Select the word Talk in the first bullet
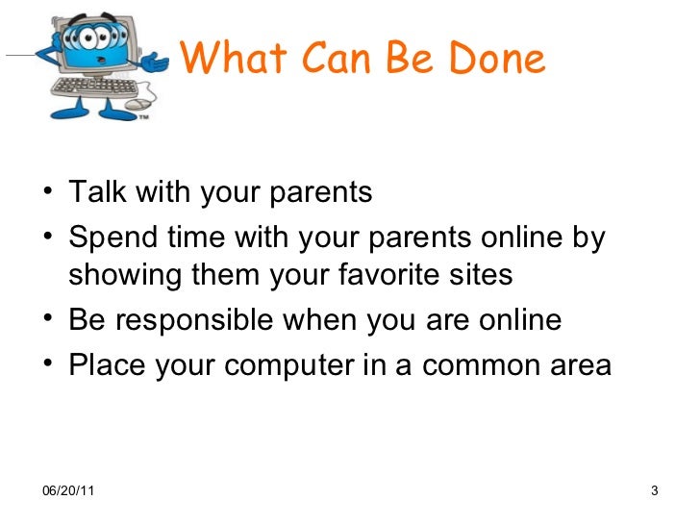pyautogui.click(x=100, y=192)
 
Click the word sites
pyautogui.click(x=482, y=276)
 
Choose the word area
pyautogui.click(x=576, y=366)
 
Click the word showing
pyautogui.click(x=128, y=276)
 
